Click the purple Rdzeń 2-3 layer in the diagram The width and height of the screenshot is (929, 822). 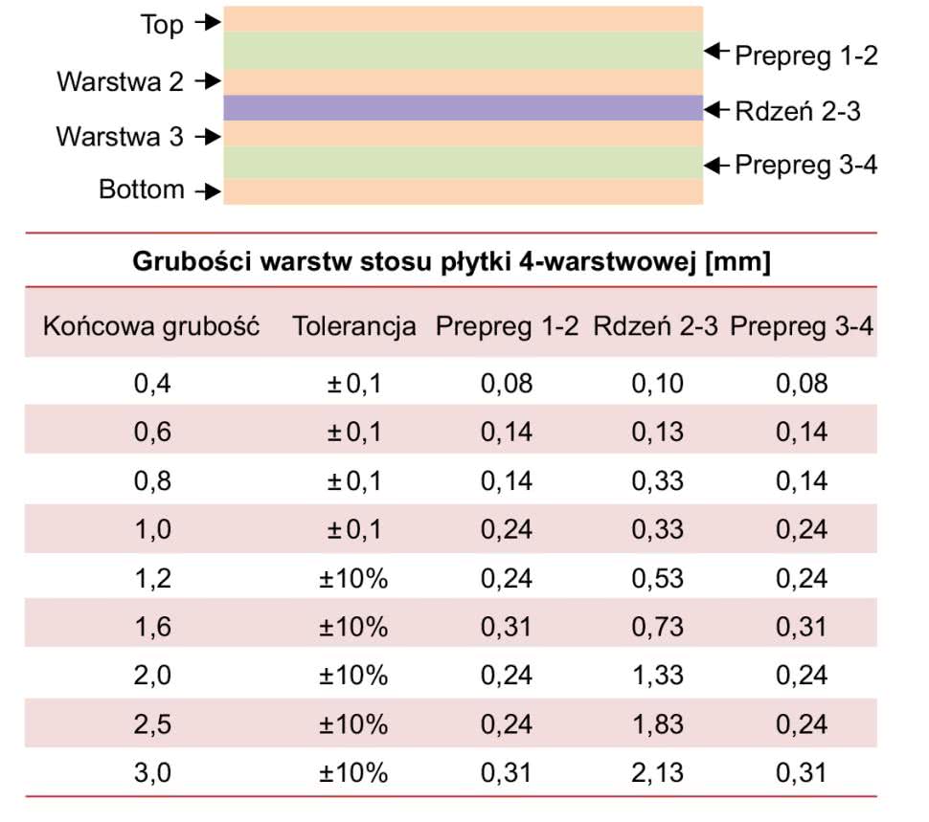[x=463, y=108]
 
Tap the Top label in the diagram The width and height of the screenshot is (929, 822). [x=161, y=25]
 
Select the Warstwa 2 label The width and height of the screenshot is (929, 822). [x=120, y=81]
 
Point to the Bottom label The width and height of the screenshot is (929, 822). [x=142, y=189]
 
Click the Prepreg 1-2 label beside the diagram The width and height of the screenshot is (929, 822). [x=805, y=56]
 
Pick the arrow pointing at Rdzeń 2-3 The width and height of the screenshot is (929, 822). [x=716, y=111]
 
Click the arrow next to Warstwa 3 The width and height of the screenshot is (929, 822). [x=206, y=137]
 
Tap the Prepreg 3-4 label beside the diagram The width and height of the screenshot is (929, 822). [x=805, y=166]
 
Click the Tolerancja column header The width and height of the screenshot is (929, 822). [x=354, y=326]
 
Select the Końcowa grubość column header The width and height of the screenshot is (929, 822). [x=152, y=326]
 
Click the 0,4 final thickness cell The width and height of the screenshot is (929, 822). [x=152, y=384]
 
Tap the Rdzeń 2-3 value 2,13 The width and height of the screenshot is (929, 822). [x=657, y=772]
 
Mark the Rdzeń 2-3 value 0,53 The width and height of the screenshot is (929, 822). [x=657, y=578]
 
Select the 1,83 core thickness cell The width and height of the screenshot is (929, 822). [x=657, y=723]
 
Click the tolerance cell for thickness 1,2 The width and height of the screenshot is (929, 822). [x=354, y=578]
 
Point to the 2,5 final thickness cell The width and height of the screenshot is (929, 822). [x=152, y=723]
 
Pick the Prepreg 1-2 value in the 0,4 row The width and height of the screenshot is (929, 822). [x=506, y=384]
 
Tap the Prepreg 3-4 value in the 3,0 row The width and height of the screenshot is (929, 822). [x=801, y=772]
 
